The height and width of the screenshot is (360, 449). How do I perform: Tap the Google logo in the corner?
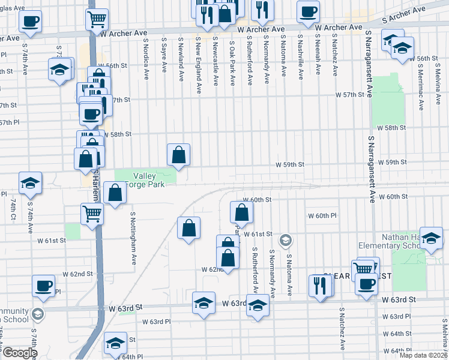19,353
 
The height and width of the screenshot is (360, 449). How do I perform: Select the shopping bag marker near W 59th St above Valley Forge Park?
178,155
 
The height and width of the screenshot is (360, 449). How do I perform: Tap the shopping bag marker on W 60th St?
241,212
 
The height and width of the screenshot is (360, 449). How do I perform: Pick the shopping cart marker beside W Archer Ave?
96,20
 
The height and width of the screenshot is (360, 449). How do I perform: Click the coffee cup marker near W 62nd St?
43,286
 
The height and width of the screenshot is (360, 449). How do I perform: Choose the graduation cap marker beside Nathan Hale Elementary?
431,238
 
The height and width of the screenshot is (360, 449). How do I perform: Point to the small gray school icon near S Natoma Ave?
286,240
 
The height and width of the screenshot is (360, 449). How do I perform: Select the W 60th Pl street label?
322,215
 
